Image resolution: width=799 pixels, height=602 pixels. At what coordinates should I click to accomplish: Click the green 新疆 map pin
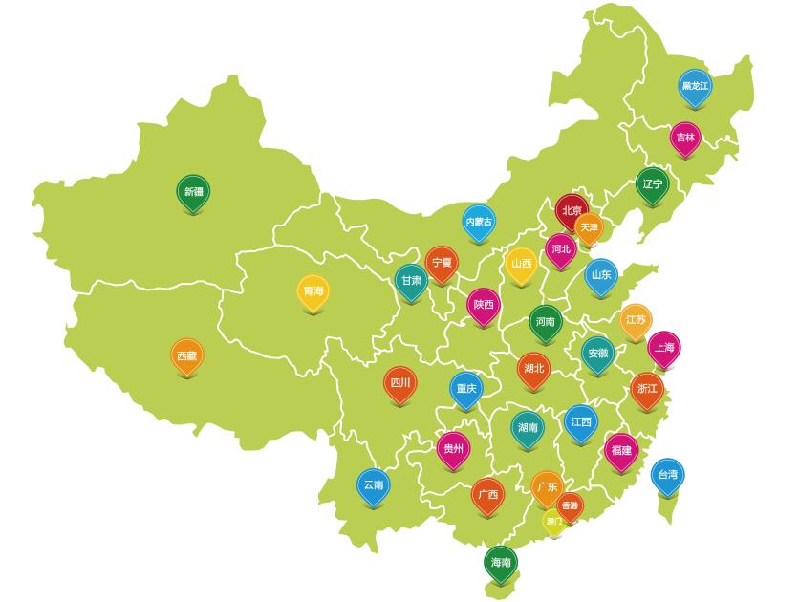193,192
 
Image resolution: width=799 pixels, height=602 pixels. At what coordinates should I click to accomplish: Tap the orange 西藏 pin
186,356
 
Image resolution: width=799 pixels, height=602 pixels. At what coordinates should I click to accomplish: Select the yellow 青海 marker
313,291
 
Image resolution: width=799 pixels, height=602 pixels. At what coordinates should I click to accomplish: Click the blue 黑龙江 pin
695,87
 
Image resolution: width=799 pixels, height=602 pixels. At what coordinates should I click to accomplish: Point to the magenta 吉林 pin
685,138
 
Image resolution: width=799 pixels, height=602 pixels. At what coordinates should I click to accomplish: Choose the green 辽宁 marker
652,184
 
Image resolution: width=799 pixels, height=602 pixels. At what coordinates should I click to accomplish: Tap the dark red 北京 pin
572,211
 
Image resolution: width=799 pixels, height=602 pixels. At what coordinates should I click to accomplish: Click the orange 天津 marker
589,228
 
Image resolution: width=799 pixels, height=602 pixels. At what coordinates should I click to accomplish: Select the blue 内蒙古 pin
479,222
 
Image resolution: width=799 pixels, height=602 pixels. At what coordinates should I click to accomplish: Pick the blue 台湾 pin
667,475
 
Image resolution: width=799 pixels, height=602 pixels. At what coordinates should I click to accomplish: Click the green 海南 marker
500,563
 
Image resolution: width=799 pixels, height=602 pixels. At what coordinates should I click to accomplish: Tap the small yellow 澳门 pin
553,521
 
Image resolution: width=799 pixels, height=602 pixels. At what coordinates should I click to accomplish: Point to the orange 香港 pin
570,505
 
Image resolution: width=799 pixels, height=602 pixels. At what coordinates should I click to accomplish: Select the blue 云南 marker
373,485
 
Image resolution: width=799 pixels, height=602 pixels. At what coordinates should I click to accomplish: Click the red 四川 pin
399,384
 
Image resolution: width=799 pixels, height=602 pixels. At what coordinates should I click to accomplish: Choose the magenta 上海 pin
664,348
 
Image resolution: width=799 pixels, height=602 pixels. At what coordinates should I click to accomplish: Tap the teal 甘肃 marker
411,281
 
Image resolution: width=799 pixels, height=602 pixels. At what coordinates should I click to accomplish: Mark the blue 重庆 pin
465,389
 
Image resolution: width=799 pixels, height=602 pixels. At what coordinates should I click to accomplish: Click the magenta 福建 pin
621,450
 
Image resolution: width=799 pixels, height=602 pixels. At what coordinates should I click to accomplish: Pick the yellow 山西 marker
521,265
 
